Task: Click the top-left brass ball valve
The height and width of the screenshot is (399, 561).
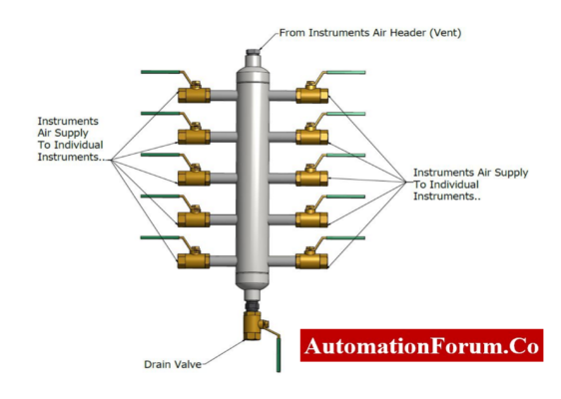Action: click(193, 95)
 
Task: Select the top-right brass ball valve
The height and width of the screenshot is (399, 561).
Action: click(312, 95)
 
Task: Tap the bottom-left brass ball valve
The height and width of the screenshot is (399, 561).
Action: click(193, 260)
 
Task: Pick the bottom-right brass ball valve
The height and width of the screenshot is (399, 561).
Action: click(312, 260)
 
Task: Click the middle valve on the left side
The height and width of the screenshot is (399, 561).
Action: click(193, 178)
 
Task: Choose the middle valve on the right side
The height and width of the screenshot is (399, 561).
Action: click(312, 178)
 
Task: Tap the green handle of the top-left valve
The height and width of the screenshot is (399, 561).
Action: click(159, 72)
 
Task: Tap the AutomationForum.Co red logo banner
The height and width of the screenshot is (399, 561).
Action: click(421, 346)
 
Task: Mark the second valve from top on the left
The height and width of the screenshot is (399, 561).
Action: click(193, 136)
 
